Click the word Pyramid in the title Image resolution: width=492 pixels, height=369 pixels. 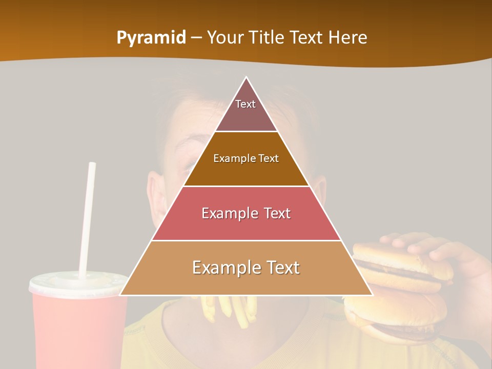pyautogui.click(x=151, y=38)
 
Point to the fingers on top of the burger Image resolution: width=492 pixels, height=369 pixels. pyautogui.click(x=410, y=241)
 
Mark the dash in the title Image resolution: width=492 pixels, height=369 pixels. pyautogui.click(x=197, y=38)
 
